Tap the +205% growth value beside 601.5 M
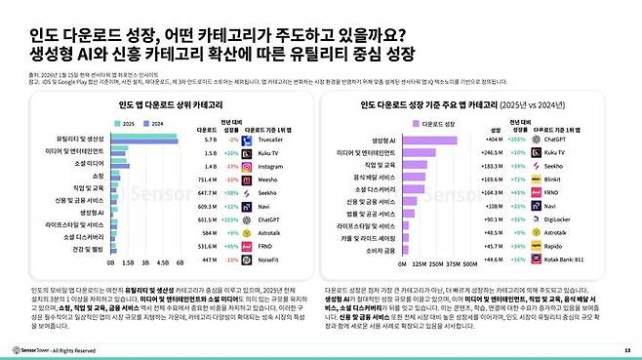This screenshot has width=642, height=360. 230,220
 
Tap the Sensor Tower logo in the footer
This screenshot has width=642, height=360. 34,348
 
